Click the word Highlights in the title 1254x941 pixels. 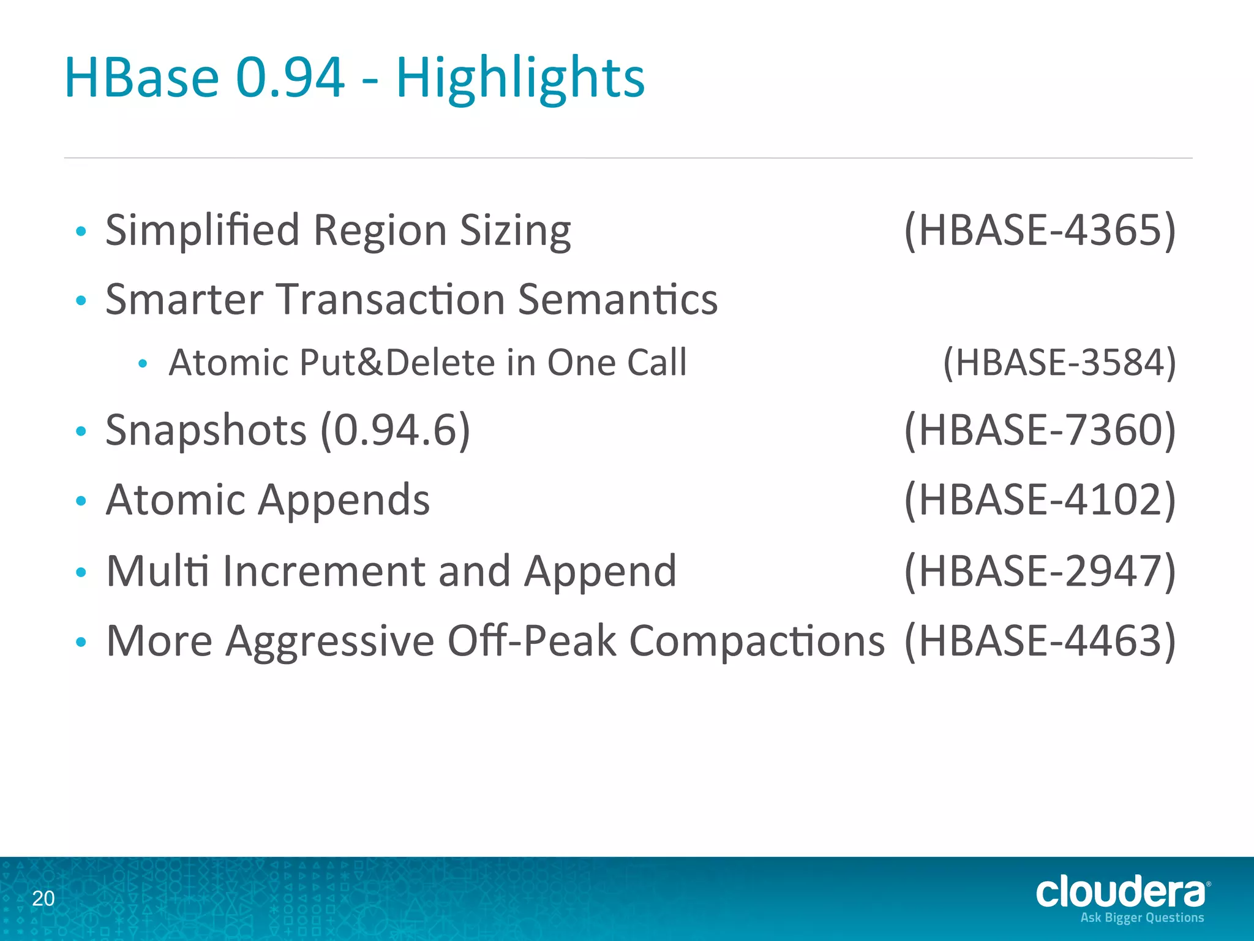520,78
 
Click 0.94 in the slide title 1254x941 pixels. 290,78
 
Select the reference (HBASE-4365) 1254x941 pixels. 1040,230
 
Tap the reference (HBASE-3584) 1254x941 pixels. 1059,362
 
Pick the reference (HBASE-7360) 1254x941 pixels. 1040,430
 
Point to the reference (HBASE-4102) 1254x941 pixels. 1040,499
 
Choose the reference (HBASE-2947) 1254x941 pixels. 1040,571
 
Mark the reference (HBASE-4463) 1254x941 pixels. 1040,641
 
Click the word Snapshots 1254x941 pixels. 206,430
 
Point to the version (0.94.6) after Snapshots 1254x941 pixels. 396,430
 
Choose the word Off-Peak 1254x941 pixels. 531,641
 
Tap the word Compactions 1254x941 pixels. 757,641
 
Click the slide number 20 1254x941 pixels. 43,899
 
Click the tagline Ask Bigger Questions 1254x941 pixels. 1142,917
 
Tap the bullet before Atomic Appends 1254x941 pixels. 81,501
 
